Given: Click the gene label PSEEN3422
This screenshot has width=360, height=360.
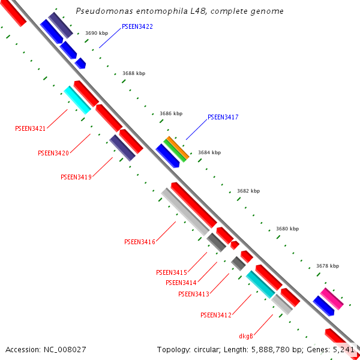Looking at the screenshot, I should (x=137, y=27).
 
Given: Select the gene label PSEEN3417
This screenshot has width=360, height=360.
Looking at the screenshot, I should (x=223, y=117).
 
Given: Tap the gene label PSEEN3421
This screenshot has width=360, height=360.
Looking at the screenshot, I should (x=30, y=128).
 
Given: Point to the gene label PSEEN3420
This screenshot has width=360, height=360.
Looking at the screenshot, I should (x=53, y=153).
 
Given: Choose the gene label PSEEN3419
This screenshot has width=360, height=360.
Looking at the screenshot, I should (x=76, y=177).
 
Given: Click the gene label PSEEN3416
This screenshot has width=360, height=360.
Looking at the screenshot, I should (x=140, y=242).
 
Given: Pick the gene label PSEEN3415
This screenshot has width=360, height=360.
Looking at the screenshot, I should (x=171, y=272).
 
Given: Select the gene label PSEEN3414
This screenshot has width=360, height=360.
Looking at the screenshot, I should (x=181, y=283).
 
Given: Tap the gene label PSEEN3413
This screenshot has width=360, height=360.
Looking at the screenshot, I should (x=193, y=294).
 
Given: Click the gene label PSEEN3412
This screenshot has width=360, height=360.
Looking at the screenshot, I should (x=216, y=315).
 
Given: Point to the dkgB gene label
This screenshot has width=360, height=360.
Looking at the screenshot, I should (x=246, y=335).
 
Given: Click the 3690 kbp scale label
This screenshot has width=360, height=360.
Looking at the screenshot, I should (x=97, y=34).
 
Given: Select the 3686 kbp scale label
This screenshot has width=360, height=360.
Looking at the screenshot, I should (x=171, y=113).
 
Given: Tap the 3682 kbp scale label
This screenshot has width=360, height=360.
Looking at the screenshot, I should (x=248, y=191).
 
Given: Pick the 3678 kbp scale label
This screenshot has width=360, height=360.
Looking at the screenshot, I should (x=328, y=266).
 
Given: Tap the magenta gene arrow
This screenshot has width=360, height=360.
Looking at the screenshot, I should (x=332, y=299).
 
